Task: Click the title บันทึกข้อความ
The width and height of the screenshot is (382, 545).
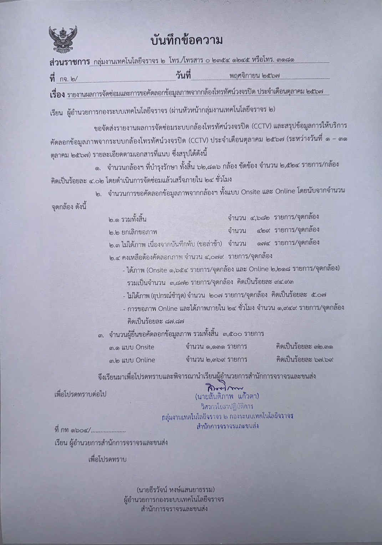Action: tap(187, 40)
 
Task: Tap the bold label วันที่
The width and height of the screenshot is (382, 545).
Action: tap(183, 76)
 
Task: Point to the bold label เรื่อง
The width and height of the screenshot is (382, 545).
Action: tap(57, 95)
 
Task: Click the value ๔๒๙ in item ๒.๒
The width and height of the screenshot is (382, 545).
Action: tap(263, 230)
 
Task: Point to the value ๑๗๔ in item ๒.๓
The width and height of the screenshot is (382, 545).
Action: tap(263, 243)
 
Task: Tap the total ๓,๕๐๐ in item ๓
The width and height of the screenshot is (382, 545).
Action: tap(233, 334)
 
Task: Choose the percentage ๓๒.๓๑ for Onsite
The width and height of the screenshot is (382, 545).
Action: tap(324, 347)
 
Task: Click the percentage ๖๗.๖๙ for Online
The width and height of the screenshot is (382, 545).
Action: tap(324, 360)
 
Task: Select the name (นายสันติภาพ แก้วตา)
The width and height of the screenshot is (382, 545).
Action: tap(227, 397)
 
